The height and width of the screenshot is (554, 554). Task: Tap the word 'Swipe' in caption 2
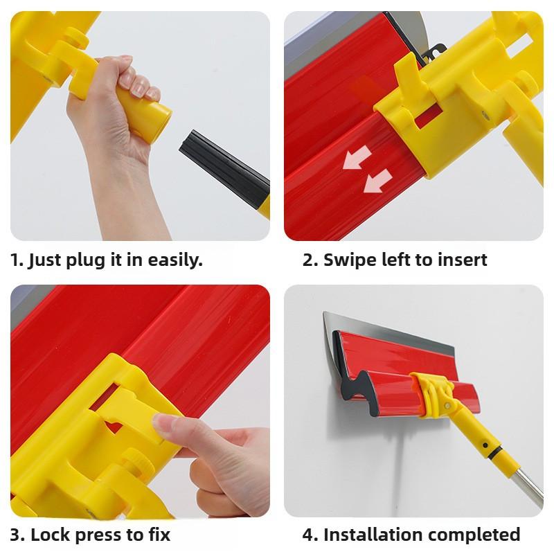click(x=350, y=261)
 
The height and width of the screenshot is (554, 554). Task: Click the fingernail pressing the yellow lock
click(x=164, y=424)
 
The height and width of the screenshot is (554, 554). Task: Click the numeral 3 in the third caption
click(x=15, y=535)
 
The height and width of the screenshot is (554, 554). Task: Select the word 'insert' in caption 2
click(x=463, y=260)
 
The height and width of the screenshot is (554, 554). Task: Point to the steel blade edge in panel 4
click(x=388, y=325)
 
